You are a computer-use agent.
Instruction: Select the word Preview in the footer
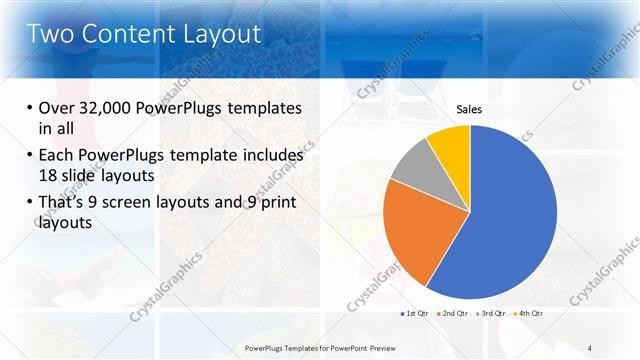coord(384,347)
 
